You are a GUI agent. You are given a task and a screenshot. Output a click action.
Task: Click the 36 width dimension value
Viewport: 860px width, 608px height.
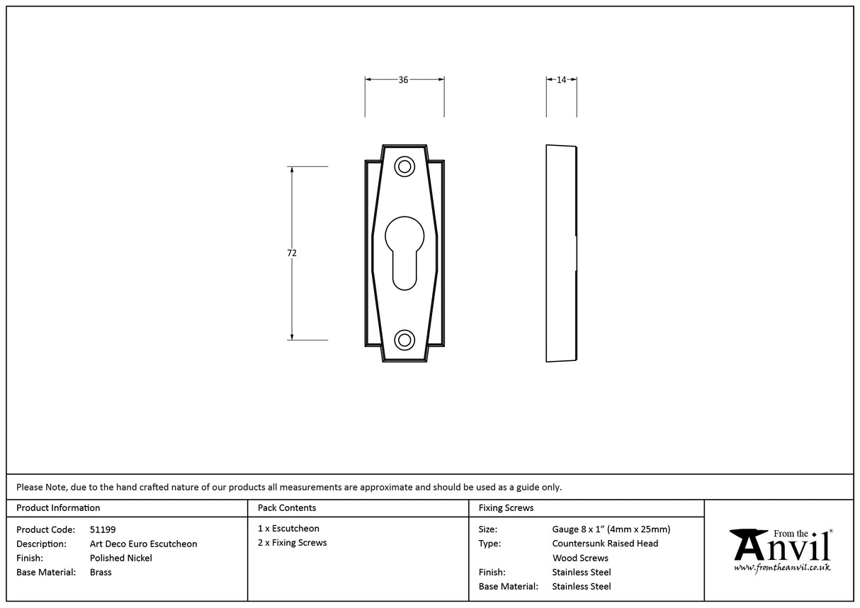click(x=403, y=80)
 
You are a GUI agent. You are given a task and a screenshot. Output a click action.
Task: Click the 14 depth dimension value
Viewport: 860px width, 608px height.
click(x=561, y=80)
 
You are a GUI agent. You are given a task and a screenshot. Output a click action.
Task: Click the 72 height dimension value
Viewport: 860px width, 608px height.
click(x=292, y=253)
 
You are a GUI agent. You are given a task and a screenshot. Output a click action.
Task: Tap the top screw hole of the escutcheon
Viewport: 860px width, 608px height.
click(x=404, y=167)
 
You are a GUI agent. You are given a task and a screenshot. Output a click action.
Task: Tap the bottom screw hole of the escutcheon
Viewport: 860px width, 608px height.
click(x=404, y=340)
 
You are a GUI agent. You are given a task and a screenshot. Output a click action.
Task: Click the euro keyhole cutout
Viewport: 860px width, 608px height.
click(x=404, y=251)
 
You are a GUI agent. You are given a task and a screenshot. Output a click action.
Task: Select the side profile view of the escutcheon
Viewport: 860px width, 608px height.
click(x=561, y=253)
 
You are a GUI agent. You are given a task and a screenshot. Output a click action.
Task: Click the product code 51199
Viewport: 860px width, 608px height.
click(x=103, y=529)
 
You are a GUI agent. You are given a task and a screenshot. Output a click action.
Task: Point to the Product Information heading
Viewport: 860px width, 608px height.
click(x=58, y=507)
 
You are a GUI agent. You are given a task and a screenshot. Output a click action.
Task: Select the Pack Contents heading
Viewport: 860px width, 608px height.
click(x=287, y=507)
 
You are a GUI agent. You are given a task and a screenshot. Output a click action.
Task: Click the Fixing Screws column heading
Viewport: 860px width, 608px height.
click(x=506, y=507)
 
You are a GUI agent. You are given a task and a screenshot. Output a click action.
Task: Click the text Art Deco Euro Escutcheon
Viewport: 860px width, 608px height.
click(x=143, y=544)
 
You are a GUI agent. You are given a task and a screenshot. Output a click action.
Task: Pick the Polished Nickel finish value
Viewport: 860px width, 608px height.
click(x=120, y=558)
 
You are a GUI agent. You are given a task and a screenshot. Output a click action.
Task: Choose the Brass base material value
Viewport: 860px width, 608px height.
click(x=101, y=572)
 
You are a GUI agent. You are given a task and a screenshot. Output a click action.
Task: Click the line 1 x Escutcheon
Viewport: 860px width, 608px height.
click(x=288, y=528)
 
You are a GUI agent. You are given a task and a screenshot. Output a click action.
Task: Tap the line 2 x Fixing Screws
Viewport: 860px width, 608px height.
click(x=292, y=542)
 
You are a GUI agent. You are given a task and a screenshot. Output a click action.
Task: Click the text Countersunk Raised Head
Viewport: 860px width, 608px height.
click(x=605, y=543)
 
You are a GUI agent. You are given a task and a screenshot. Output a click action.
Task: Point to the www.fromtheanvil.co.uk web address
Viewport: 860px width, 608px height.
click(x=781, y=568)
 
